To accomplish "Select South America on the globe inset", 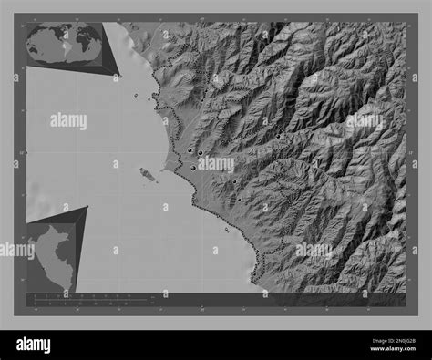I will [x=58, y=47].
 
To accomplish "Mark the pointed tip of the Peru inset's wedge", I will [x=88, y=207].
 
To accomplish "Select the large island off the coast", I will [x=146, y=173].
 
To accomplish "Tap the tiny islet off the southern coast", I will [x=226, y=230].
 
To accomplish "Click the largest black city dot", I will [x=193, y=168].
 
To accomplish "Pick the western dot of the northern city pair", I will [x=189, y=151].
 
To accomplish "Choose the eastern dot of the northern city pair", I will [x=199, y=153].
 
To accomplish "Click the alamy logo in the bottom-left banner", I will [x=34, y=345].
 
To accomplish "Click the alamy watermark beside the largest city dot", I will [x=216, y=165].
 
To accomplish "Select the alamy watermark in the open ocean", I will [x=68, y=120].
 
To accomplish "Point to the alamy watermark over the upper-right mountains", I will [x=365, y=120].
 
